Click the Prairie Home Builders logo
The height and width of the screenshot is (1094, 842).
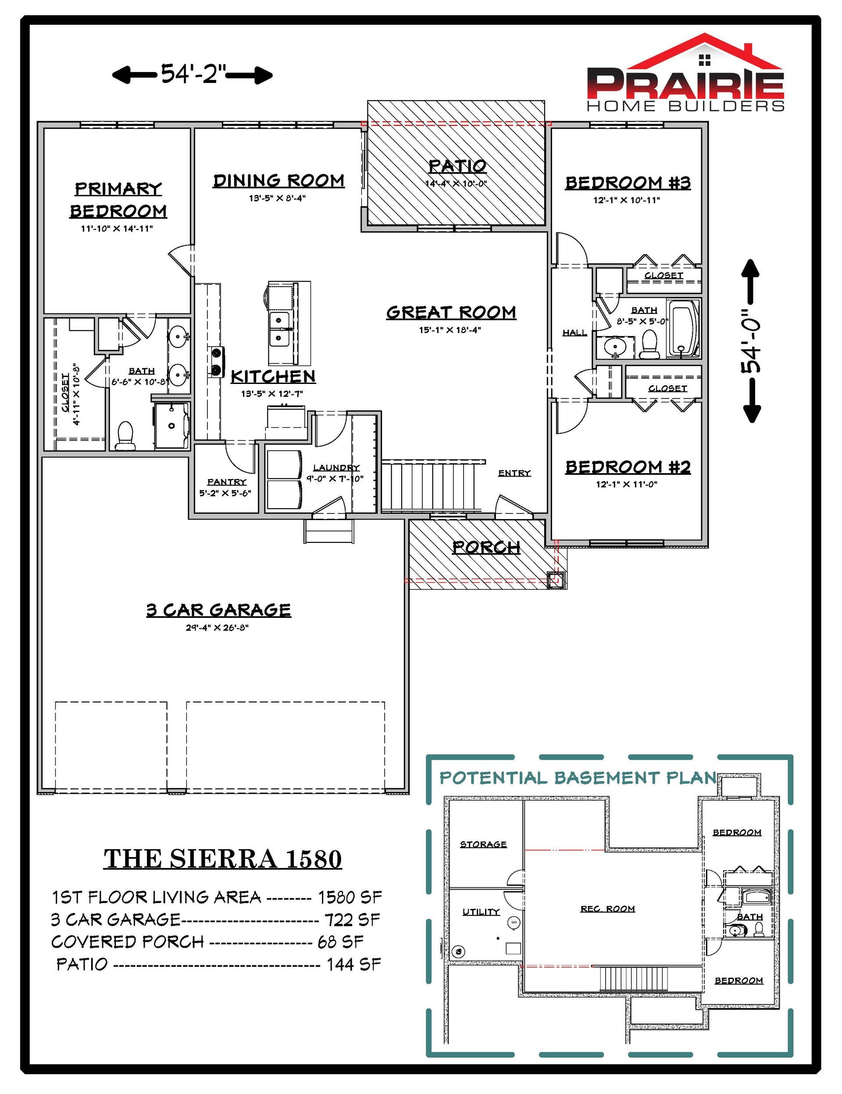click(685, 73)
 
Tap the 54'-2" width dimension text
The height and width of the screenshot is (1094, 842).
click(193, 75)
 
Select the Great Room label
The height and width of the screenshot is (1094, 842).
click(451, 312)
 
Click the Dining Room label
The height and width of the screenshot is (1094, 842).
click(279, 180)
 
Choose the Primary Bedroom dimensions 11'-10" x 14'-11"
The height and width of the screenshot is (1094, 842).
click(117, 229)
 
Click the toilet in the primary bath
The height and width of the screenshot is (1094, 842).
click(125, 435)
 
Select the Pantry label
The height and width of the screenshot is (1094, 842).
click(227, 481)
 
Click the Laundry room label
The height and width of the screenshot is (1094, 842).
click(336, 467)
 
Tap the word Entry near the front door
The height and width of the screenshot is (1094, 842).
click(514, 473)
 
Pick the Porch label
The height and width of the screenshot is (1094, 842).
click(486, 548)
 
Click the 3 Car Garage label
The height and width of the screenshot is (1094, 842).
click(218, 610)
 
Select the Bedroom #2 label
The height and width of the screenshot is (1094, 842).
click(628, 467)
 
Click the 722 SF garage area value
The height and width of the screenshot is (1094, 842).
click(353, 920)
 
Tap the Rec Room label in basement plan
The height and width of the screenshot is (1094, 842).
click(608, 909)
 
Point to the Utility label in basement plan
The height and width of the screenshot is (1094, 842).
click(481, 912)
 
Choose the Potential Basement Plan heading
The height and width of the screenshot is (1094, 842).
click(578, 778)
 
